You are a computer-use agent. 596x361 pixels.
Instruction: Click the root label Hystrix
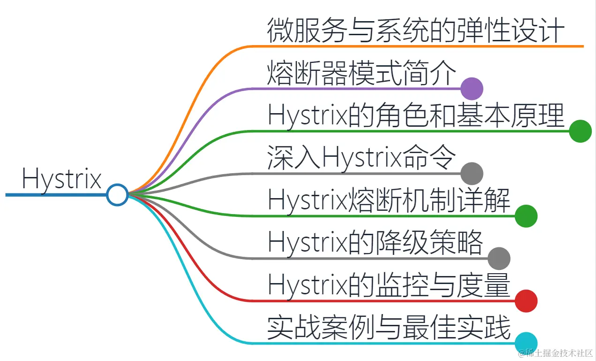click(61, 178)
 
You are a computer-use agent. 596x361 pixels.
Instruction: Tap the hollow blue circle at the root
click(117, 194)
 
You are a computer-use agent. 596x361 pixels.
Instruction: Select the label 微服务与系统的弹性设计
click(415, 31)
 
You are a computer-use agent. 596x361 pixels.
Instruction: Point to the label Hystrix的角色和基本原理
click(415, 115)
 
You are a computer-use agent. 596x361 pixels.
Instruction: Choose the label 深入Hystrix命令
click(362, 158)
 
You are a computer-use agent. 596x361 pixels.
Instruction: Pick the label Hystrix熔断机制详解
click(389, 200)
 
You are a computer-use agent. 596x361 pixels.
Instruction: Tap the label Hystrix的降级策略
click(375, 243)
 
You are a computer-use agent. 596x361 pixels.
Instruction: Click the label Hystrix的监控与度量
click(389, 285)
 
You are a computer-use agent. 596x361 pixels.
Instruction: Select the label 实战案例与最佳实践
click(389, 328)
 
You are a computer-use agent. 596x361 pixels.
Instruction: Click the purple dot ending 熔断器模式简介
click(472, 88)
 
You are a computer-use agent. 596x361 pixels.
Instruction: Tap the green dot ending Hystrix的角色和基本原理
click(580, 131)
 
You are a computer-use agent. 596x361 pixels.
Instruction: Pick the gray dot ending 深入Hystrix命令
click(472, 173)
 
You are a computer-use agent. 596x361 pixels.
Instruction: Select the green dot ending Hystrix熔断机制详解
click(526, 216)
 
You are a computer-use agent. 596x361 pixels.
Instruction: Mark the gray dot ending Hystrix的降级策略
click(499, 258)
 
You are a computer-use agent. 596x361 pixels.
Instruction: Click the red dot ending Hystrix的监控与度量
click(526, 301)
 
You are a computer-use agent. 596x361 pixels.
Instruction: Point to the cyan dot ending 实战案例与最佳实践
click(526, 343)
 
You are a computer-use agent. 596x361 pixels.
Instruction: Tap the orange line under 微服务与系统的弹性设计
click(422, 46)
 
